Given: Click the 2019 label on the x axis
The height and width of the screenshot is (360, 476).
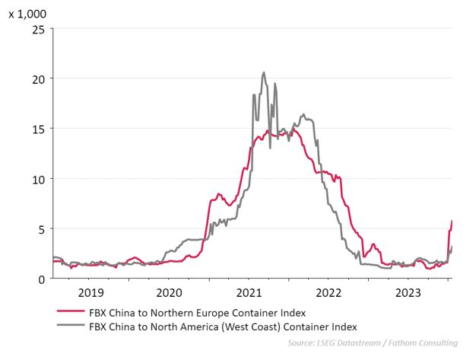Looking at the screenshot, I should pyautogui.click(x=91, y=293).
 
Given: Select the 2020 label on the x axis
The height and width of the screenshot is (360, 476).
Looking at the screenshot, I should pyautogui.click(x=170, y=293).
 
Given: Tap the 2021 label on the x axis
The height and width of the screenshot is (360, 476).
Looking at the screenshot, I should pyautogui.click(x=250, y=293).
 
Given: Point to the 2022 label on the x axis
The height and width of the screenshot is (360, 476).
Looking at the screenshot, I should pyautogui.click(x=329, y=293).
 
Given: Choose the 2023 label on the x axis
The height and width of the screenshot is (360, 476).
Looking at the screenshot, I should pyautogui.click(x=409, y=293).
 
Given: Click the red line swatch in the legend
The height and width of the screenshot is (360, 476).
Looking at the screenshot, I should pyautogui.click(x=70, y=312).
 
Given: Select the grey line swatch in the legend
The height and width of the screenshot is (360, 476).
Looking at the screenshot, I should pyautogui.click(x=70, y=327).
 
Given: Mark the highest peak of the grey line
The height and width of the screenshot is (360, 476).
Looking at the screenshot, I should pyautogui.click(x=264, y=73).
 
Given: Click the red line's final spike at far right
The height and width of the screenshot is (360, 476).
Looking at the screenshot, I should pyautogui.click(x=452, y=221).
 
